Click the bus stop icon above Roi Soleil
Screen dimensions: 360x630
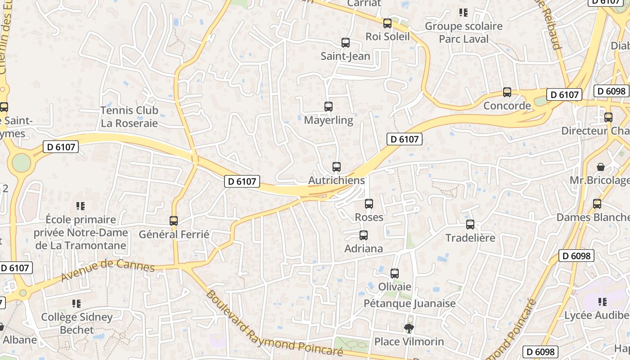click(387, 23)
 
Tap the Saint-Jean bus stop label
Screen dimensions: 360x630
click(345, 56)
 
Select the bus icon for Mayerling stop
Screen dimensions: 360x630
click(328, 107)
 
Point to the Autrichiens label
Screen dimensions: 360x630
click(336, 180)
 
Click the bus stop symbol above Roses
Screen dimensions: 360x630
click(369, 204)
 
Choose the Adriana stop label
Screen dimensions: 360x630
click(364, 248)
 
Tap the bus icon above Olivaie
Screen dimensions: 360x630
click(395, 273)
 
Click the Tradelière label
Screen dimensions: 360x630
click(470, 238)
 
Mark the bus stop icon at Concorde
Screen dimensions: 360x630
click(507, 92)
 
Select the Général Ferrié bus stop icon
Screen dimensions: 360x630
click(174, 220)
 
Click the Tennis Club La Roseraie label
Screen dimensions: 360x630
click(129, 117)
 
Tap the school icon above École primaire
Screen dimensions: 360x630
click(81, 206)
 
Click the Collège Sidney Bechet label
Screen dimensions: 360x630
click(77, 323)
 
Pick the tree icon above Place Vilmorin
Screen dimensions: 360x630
click(409, 328)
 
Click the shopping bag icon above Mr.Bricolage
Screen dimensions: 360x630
click(600, 167)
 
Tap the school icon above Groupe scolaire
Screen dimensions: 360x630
click(463, 13)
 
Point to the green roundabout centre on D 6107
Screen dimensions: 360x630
click(21, 162)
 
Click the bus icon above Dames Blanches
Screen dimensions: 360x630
click(597, 204)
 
